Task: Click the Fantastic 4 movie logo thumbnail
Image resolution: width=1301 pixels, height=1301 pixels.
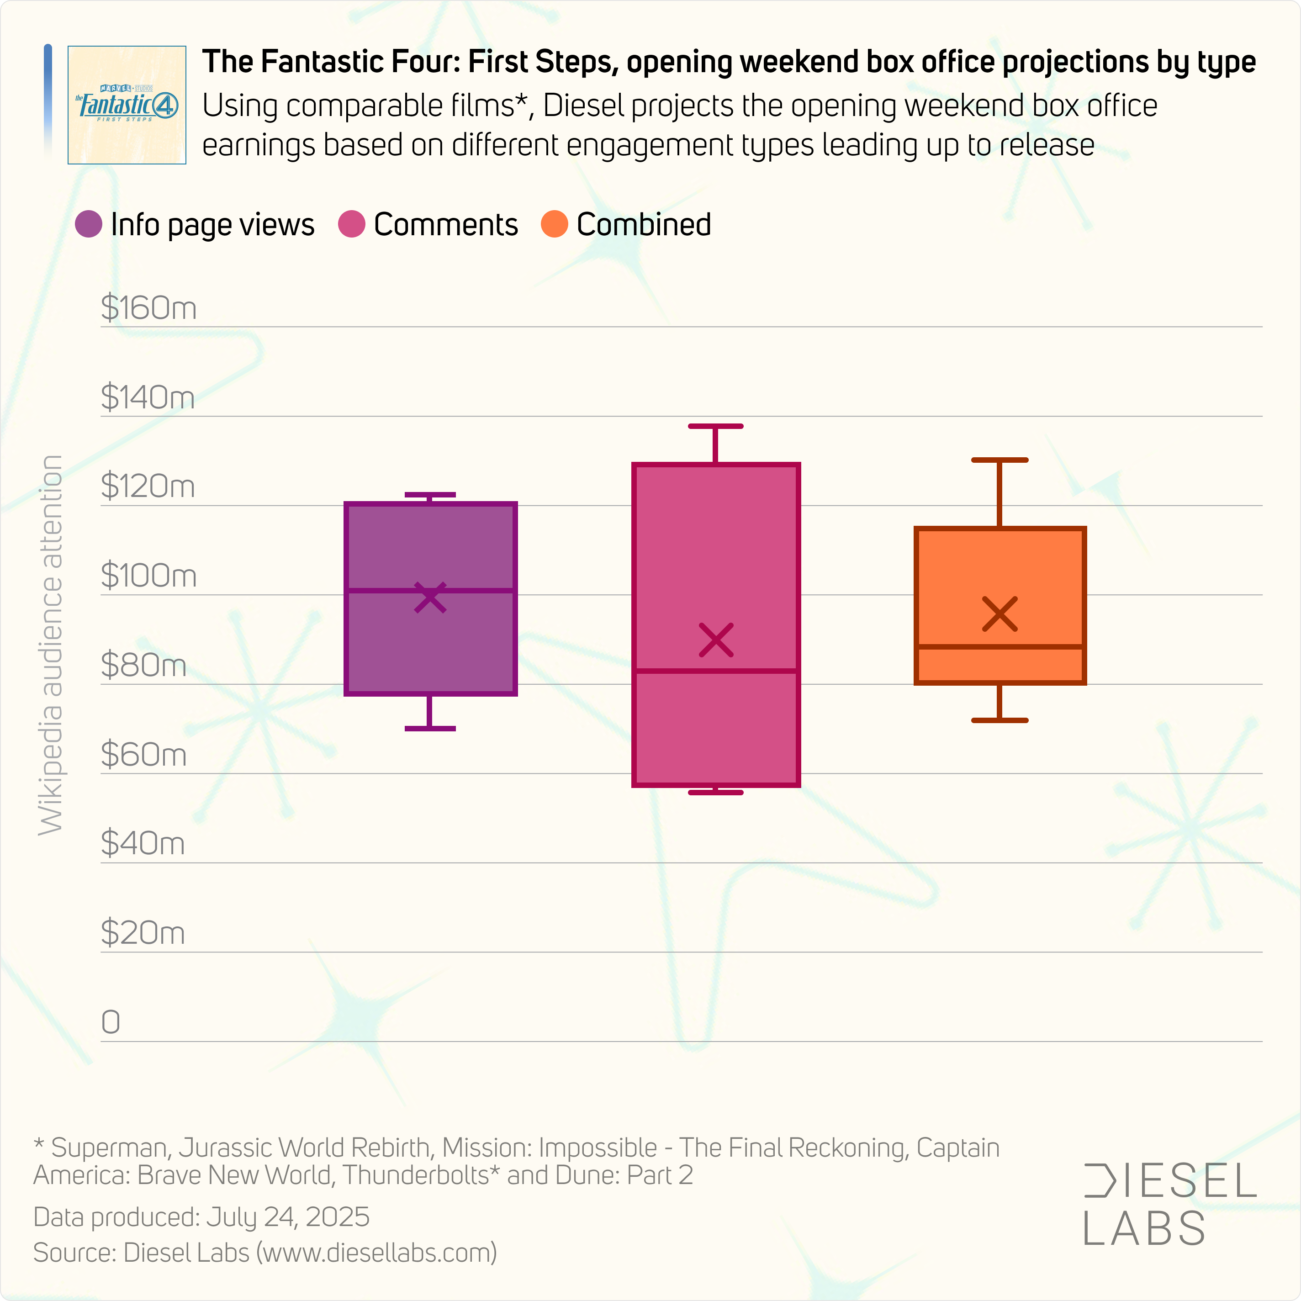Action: click(x=127, y=105)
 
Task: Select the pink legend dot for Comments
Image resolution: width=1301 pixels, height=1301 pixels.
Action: click(x=351, y=224)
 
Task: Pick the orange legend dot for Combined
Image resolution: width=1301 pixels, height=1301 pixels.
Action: click(x=554, y=224)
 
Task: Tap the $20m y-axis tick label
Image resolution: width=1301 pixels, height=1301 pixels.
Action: click(x=143, y=933)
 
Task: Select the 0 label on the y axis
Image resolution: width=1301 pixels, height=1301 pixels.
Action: click(x=111, y=1022)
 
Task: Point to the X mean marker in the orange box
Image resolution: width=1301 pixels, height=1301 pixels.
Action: click(x=1000, y=614)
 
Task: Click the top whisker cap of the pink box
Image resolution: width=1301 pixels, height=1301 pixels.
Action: click(x=716, y=426)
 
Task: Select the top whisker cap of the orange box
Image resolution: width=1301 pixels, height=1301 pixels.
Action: click(x=1000, y=460)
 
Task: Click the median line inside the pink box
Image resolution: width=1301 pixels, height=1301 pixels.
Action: click(x=716, y=671)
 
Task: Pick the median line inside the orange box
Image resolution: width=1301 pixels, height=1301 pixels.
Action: click(x=1000, y=646)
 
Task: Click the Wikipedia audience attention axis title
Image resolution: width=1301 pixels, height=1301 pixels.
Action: click(x=51, y=645)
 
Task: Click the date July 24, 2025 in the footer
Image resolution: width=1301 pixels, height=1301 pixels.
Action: click(x=287, y=1217)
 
